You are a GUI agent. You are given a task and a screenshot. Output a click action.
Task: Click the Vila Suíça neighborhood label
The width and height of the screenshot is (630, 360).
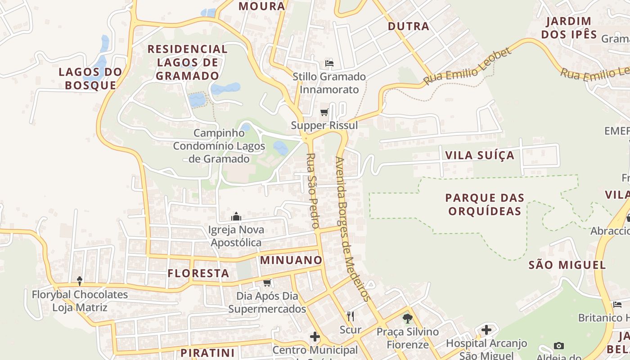[479, 155]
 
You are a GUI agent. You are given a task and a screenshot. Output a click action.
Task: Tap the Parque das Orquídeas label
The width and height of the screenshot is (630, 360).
[485, 204]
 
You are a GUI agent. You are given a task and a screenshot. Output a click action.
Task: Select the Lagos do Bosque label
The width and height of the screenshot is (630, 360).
[90, 78]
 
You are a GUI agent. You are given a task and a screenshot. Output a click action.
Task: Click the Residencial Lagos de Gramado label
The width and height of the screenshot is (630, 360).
[188, 62]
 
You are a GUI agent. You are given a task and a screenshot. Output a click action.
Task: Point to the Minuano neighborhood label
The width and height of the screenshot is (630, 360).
[291, 260]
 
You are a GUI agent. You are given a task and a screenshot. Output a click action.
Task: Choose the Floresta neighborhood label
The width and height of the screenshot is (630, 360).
[198, 273]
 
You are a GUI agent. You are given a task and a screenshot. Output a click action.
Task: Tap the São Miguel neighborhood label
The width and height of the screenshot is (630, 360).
[567, 265]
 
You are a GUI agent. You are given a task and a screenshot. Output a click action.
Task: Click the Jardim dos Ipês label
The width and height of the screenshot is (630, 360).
[569, 27]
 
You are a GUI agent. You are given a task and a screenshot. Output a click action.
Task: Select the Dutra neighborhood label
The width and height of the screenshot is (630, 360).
[409, 26]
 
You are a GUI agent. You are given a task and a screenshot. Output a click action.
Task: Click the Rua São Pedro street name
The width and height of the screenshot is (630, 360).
[312, 191]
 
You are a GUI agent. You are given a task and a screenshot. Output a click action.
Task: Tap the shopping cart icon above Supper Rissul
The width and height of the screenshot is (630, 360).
[324, 112]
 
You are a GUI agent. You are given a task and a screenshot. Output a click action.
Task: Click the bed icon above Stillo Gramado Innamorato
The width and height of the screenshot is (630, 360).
[329, 63]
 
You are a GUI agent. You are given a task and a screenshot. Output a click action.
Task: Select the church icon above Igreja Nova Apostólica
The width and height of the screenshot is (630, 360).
[236, 217]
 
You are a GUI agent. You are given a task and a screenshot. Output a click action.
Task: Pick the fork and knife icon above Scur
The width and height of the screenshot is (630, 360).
[351, 316]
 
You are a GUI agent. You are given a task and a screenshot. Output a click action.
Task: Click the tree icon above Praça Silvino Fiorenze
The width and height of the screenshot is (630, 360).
[408, 319]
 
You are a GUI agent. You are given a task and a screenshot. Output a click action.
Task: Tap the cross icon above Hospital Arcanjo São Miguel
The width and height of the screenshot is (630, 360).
[486, 330]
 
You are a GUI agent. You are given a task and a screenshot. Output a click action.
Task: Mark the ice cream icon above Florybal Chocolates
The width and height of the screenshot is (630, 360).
[80, 281]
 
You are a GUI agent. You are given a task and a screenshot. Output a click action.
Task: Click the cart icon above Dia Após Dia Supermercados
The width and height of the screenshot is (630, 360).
[267, 283]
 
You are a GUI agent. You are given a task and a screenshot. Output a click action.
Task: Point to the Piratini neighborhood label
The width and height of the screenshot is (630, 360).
[207, 353]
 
